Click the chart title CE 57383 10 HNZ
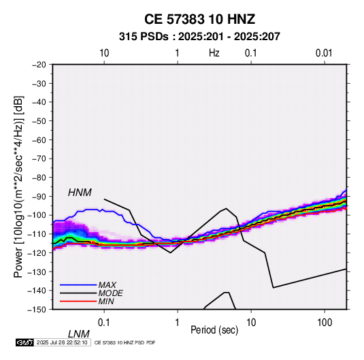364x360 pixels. point(199,19)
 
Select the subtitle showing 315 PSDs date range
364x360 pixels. point(199,37)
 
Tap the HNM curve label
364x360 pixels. point(80,193)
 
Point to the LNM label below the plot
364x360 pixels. point(78,334)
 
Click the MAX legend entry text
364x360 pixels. point(107,284)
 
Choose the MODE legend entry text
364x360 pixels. point(110,293)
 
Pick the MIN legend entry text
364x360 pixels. point(106,301)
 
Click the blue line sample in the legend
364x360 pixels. point(78,284)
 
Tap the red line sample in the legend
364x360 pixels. point(78,301)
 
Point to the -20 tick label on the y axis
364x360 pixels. point(39,65)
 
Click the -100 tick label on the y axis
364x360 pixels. point(37,215)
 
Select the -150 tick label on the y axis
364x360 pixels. point(37,310)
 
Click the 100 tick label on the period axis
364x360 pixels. point(325,323)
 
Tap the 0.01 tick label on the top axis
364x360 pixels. point(324,53)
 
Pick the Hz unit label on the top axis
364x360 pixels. point(214,53)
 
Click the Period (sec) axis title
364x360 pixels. point(214,330)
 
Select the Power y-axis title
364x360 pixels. point(18,187)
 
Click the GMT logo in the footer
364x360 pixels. point(25,342)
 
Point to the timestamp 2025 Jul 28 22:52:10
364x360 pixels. point(62,342)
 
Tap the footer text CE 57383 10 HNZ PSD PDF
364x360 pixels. point(125,342)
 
